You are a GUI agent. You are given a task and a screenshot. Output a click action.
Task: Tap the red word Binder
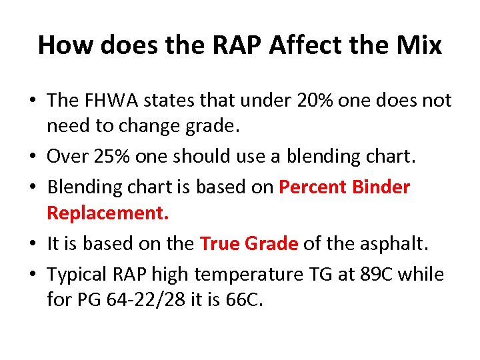pos(383,187)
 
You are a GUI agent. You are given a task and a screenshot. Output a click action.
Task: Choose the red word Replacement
pos(108,213)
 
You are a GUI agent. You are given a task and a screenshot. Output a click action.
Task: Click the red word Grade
pos(272,244)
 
